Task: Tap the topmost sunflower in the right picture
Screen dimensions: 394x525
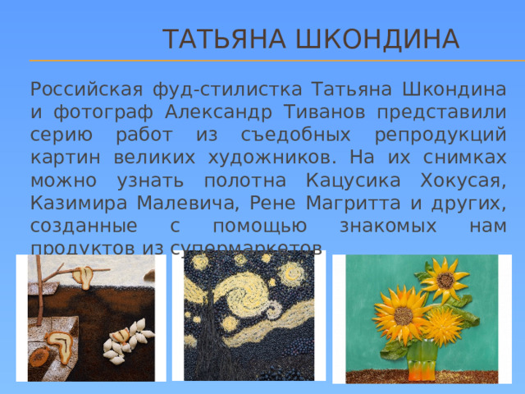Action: [x=444, y=279]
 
